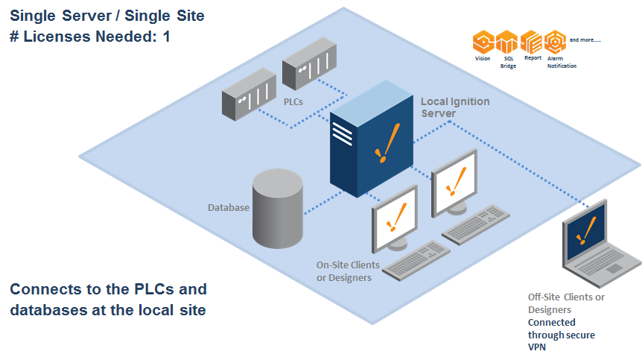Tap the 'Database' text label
point(228,207)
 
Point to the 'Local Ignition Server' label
point(454,107)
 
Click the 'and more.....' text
point(585,39)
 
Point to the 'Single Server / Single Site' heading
point(107,15)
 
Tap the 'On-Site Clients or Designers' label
point(348,271)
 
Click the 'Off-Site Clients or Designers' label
point(565,303)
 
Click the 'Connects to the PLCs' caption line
point(109,289)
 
